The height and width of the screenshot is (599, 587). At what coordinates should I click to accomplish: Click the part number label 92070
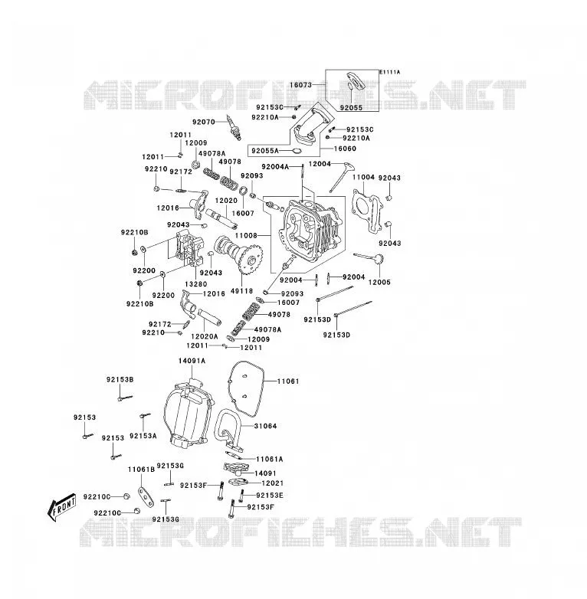(204, 123)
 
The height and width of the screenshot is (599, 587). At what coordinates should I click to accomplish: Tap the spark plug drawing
(234, 127)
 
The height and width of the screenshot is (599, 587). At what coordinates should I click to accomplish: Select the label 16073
(300, 85)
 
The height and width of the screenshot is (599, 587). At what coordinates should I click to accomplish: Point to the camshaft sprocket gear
(251, 261)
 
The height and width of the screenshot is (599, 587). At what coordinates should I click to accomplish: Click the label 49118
(242, 291)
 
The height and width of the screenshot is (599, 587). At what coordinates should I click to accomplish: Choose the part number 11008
(246, 236)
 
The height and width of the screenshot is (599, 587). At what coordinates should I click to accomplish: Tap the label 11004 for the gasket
(363, 177)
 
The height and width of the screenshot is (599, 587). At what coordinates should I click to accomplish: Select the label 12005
(379, 283)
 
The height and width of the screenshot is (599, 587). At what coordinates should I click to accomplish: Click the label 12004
(320, 164)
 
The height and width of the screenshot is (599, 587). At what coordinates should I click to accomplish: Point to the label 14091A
(192, 361)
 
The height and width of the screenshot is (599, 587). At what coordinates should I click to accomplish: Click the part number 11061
(288, 381)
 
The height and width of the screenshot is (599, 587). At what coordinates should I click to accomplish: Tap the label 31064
(265, 426)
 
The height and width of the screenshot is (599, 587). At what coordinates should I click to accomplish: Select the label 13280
(195, 284)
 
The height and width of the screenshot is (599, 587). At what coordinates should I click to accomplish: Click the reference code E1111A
(390, 72)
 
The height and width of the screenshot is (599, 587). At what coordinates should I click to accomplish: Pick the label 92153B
(120, 380)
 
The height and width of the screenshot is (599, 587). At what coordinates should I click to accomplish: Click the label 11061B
(142, 470)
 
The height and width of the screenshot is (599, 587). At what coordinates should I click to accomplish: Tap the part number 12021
(273, 483)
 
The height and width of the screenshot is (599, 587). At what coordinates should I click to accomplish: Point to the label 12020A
(205, 336)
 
